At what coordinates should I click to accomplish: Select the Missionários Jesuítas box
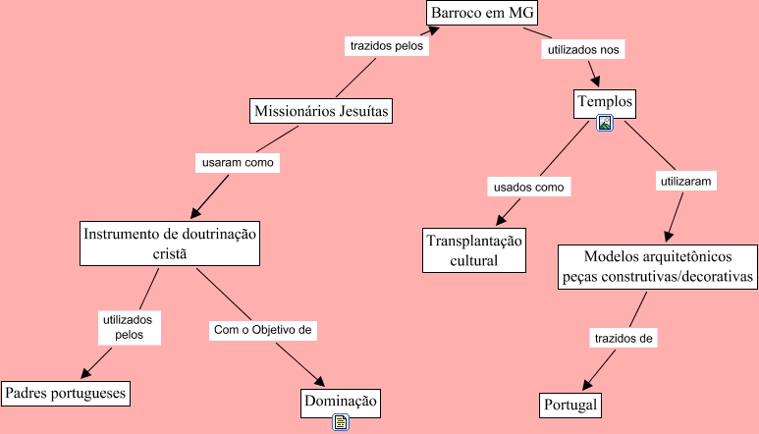tap(322, 112)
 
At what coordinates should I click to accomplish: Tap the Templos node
tap(605, 101)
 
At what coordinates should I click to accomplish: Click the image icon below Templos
tap(605, 123)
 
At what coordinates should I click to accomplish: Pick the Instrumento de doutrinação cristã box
tap(170, 244)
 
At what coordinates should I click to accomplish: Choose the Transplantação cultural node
tap(475, 250)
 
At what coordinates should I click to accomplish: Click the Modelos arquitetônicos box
tap(658, 266)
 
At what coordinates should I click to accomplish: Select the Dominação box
tap(340, 401)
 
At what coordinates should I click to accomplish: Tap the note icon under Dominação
tap(341, 422)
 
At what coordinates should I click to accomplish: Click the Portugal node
tap(569, 405)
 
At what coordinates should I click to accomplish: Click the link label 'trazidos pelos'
tap(387, 45)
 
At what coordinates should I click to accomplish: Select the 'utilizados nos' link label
tap(585, 47)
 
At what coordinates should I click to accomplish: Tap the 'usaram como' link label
tap(237, 161)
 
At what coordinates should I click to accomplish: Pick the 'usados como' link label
tap(530, 186)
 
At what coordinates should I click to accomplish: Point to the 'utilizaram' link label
tap(686, 181)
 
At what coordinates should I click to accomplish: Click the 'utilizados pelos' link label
tap(129, 327)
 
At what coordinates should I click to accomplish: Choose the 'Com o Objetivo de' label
tap(262, 330)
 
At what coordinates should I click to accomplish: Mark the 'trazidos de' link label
tap(623, 338)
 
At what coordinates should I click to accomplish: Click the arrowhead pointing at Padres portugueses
tap(85, 374)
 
